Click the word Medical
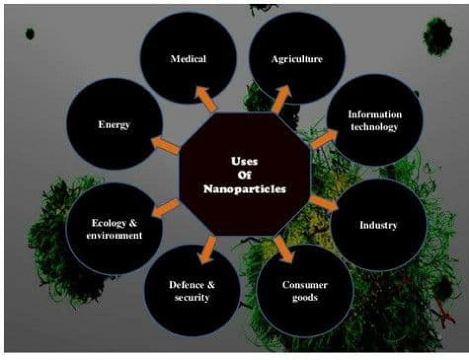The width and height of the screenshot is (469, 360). (188, 59)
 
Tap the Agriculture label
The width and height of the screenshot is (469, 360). (297, 59)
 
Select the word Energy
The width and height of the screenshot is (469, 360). (114, 124)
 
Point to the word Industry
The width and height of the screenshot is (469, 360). (378, 225)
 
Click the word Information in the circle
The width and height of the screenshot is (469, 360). (375, 115)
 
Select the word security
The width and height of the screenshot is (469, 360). (192, 297)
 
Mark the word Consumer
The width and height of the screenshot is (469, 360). (305, 285)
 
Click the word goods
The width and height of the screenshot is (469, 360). (305, 297)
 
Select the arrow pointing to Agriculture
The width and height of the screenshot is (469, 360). (282, 98)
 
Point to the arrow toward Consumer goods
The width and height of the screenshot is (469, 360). (285, 250)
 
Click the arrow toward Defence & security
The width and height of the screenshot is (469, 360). (207, 250)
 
